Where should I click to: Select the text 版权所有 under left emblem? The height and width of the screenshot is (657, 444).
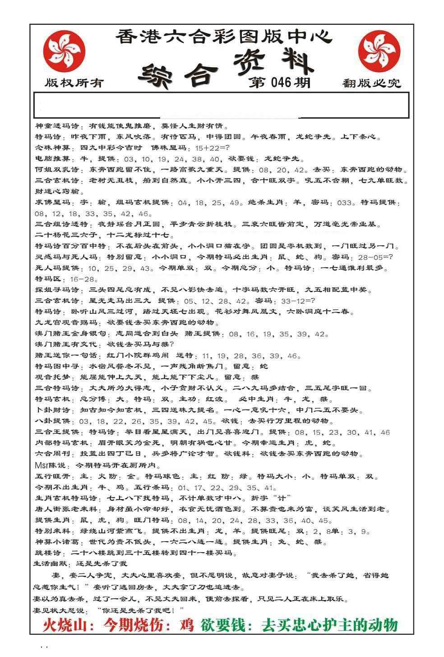(74, 83)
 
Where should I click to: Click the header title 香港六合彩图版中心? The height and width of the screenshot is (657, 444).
(223, 36)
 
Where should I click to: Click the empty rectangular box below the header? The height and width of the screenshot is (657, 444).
(221, 105)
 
